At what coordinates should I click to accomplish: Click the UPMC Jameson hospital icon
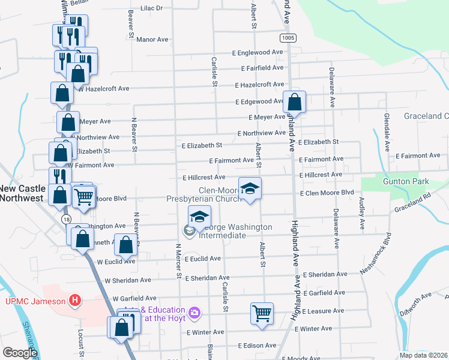click(75, 300)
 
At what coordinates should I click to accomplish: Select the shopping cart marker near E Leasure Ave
click(262, 313)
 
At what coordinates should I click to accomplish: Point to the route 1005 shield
click(287, 37)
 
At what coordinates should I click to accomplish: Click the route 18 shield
click(65, 220)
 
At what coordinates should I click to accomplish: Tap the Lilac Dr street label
click(152, 8)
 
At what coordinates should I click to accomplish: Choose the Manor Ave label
click(152, 40)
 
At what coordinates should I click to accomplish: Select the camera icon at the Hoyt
click(194, 313)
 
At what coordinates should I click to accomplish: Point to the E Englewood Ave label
click(259, 53)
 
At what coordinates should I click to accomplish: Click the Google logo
click(20, 353)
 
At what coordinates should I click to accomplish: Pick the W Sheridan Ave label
click(128, 280)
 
